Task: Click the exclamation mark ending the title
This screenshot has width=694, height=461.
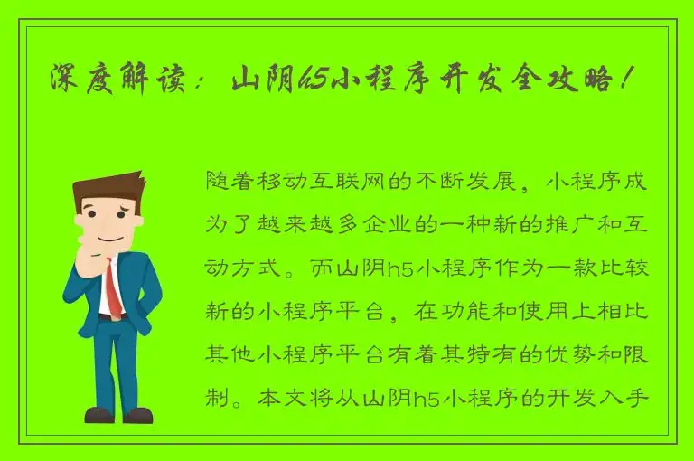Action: click(x=627, y=82)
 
